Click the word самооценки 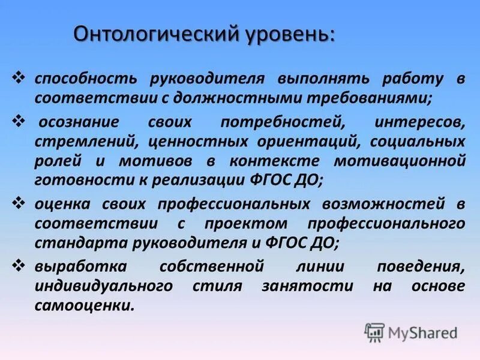click(x=84, y=305)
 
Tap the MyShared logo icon click(x=374, y=331)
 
